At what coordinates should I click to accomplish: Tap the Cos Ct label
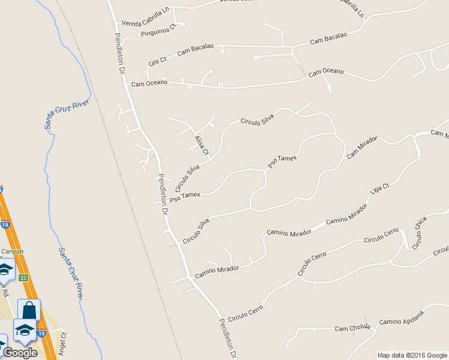[157, 61]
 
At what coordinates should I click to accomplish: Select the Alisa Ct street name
[201, 145]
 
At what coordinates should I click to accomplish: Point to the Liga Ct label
[380, 189]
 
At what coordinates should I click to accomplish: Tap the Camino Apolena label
[402, 318]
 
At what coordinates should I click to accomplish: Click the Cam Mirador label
[361, 147]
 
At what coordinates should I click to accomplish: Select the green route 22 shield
[23, 277]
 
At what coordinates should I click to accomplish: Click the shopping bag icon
[29, 310]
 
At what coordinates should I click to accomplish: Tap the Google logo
[20, 353]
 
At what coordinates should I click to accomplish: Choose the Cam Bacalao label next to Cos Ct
[195, 50]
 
